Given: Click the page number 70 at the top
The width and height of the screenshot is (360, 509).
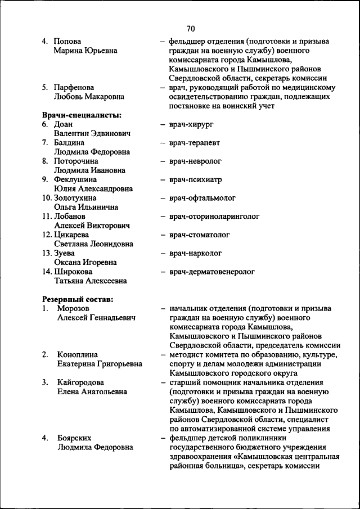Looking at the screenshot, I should click(x=190, y=29).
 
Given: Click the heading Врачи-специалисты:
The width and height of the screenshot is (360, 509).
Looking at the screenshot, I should click(x=82, y=115).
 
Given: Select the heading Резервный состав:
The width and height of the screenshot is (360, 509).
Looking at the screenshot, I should click(x=78, y=299).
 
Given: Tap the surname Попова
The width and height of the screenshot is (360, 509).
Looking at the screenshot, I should click(x=67, y=42).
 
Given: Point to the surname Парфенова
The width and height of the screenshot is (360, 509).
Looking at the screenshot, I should click(x=74, y=88).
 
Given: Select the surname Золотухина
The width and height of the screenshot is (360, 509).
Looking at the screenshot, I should click(x=75, y=198).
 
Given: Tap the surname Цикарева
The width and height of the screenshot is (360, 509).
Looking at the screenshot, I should click(x=71, y=235).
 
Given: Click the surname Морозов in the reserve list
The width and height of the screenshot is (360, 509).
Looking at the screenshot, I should click(x=73, y=309).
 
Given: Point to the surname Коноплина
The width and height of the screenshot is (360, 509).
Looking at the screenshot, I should click(x=78, y=355).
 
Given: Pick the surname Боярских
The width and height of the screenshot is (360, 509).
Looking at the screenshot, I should click(x=74, y=438).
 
